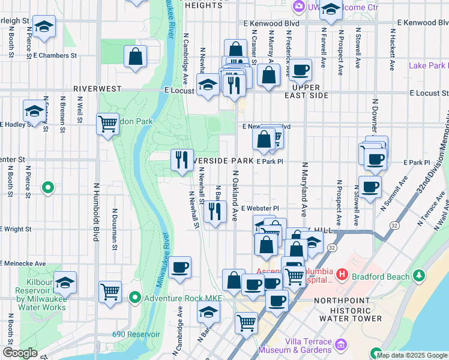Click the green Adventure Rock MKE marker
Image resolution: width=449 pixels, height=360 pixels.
(136, 297)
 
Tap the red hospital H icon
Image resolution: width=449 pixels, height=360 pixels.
(342, 275)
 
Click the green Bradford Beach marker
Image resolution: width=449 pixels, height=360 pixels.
(418, 276)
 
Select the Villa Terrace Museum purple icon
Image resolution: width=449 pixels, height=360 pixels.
(342, 345)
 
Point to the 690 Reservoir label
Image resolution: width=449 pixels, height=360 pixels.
(136, 334)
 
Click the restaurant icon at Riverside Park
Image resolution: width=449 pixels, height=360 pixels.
(182, 160)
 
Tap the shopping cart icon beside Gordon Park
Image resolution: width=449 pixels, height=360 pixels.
(107, 124)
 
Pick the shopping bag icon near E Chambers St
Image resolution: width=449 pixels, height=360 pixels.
(136, 57)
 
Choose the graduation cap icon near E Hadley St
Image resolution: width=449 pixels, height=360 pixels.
(34, 110)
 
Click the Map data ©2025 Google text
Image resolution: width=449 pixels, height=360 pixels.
(412, 355)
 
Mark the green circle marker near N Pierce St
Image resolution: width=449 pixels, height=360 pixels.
(48, 188)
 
